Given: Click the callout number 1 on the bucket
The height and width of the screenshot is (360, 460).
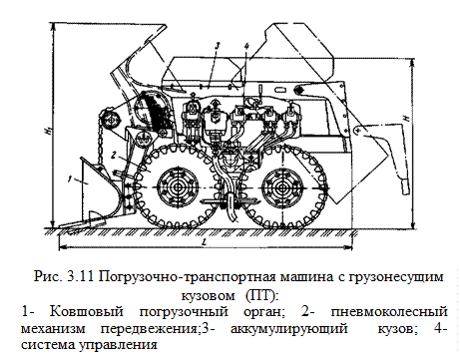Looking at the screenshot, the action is point(70,180).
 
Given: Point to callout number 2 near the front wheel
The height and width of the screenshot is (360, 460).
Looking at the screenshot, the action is point(114,155).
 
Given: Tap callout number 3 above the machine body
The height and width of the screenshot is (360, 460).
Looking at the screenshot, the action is point(217,46).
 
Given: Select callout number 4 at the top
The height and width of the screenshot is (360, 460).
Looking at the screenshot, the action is point(245,47).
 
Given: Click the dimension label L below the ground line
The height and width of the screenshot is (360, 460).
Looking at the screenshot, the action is point(205,242).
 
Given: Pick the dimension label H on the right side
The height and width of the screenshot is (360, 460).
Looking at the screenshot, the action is point(405,118).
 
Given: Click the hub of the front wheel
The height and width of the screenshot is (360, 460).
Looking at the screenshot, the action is point(178,186).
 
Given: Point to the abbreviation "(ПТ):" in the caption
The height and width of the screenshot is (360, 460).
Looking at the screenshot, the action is point(260,295).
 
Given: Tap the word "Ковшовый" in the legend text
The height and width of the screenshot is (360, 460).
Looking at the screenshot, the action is point(87,312).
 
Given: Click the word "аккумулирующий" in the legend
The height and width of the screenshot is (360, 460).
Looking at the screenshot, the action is point(288,329).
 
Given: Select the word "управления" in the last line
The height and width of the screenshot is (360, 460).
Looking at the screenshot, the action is point(118,345).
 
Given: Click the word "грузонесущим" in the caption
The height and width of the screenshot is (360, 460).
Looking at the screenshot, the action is point(396,277).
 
